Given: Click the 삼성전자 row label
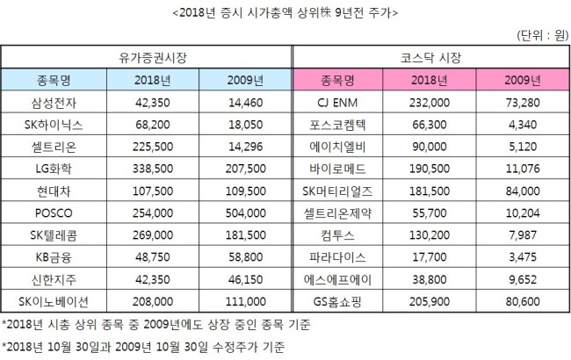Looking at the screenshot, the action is point(54,103).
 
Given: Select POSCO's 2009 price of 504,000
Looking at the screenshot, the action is point(246,213).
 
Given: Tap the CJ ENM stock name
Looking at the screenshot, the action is point(337,103).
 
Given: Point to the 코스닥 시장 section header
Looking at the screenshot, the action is point(430,58).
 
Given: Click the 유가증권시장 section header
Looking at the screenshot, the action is point(153,58).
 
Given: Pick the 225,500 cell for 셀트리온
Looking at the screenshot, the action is point(153,147).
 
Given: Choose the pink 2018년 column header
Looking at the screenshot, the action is point(430,80).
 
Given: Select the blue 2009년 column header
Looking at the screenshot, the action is point(245,80).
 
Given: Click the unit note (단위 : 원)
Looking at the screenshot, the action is point(542,35).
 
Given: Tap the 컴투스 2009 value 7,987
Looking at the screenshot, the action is point(523,235).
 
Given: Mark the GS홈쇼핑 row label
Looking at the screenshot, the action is point(337,301).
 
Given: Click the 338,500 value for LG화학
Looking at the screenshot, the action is point(153,169).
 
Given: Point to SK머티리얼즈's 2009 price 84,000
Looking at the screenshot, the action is point(523,191).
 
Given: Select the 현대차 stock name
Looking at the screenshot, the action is point(54,191).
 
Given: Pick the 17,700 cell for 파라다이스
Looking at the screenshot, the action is point(430,257).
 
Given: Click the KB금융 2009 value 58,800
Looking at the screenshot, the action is point(246,257).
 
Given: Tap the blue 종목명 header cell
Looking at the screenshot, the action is point(54,80).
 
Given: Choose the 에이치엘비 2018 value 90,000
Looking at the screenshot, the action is point(430,147).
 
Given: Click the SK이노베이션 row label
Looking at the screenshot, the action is point(54,301).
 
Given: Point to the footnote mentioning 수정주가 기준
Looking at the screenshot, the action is point(143,347).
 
